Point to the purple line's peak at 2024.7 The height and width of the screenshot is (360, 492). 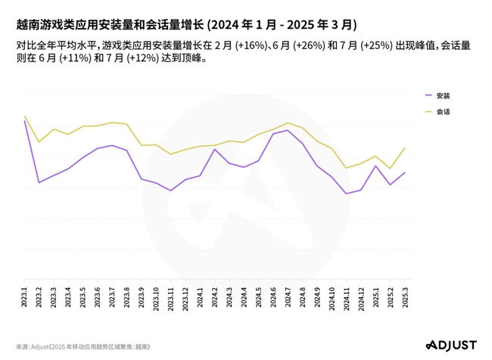click(x=288, y=130)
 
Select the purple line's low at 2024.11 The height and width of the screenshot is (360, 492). click(x=347, y=194)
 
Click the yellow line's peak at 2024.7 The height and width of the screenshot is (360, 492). click(x=288, y=123)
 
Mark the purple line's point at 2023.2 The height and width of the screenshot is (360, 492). click(x=39, y=183)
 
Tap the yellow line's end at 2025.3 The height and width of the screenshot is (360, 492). click(x=406, y=147)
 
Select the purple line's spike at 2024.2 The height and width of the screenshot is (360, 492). click(x=215, y=149)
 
